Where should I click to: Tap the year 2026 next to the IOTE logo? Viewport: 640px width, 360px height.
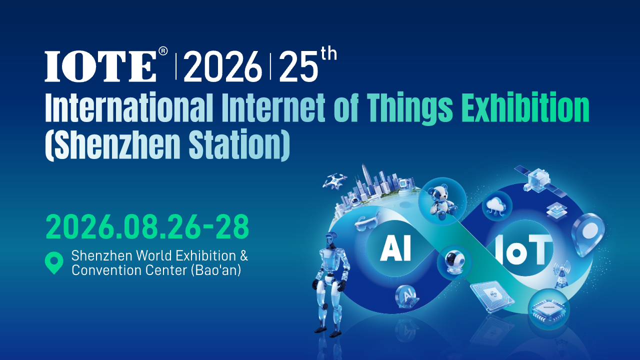point(222,66)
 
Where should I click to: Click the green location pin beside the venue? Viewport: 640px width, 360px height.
point(54,262)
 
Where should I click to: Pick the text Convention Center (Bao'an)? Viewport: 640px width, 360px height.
point(156,271)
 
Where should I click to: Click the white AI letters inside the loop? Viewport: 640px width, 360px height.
point(395,248)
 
